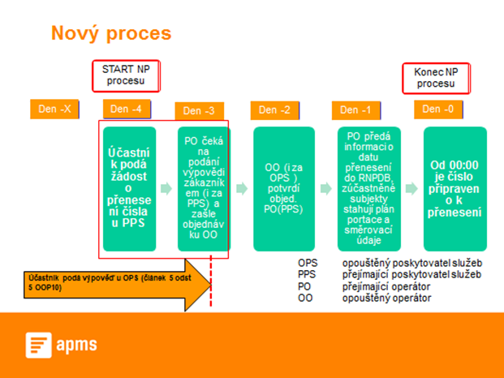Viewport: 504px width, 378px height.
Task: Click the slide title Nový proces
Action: [x=111, y=33]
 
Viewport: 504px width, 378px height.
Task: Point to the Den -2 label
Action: [x=275, y=110]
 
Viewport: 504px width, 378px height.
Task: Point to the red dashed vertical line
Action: [x=212, y=284]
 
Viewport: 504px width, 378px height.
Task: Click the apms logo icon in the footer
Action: [x=37, y=346]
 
